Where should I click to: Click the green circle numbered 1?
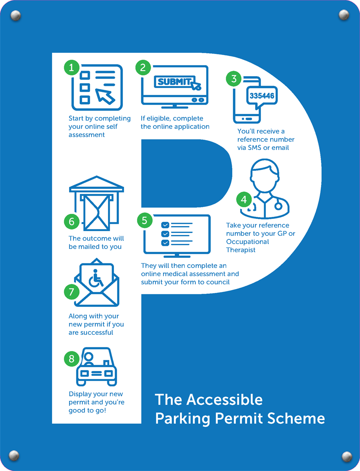(x=71, y=68)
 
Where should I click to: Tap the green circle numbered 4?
(x=244, y=199)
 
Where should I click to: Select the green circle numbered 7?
(x=71, y=292)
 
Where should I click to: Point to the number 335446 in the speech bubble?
(x=262, y=96)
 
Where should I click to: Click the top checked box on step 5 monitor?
(x=165, y=225)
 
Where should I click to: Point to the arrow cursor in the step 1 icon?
(x=105, y=96)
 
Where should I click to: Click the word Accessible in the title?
(x=224, y=400)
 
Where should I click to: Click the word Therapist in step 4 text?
(x=241, y=250)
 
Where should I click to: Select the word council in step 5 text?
(x=218, y=282)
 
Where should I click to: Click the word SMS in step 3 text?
(x=255, y=147)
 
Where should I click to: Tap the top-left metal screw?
(x=16, y=15)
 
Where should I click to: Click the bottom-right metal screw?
(x=347, y=456)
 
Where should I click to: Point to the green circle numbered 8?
(x=71, y=359)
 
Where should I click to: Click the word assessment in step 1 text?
(x=87, y=135)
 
